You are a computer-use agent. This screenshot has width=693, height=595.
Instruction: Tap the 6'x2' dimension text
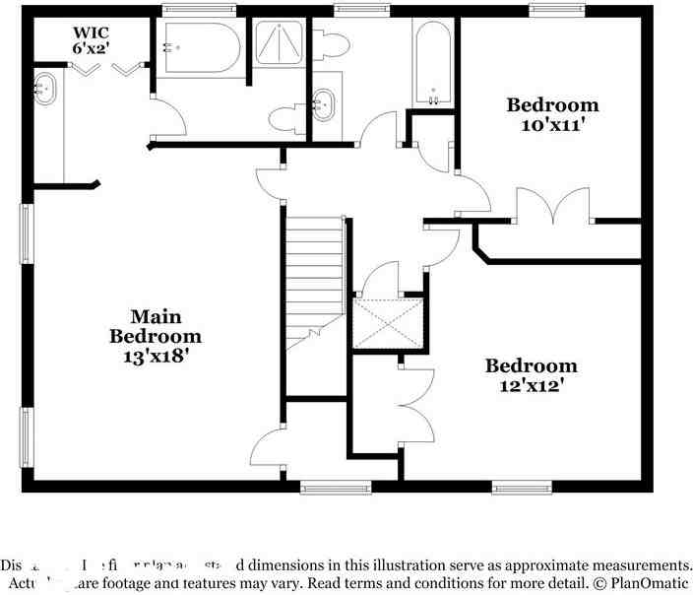(90, 46)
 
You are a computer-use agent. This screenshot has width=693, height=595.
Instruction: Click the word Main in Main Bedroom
(156, 316)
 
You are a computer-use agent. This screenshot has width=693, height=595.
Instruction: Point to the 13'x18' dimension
(156, 356)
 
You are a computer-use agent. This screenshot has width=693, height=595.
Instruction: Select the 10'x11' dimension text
(552, 125)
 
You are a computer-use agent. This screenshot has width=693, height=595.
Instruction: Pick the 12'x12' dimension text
(530, 386)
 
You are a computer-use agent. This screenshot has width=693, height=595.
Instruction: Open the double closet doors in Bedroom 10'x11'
(556, 208)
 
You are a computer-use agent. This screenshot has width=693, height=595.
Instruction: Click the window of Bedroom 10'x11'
(558, 11)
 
